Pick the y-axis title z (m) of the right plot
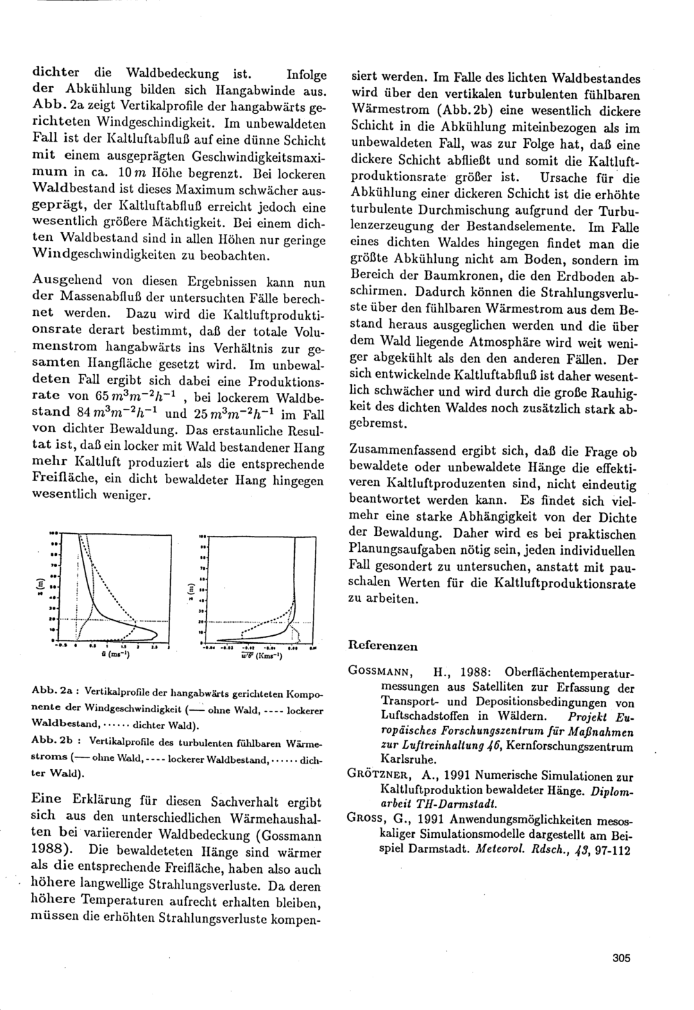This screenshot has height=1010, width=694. pos(189,589)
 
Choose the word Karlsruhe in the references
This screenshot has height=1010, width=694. pos(403,761)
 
